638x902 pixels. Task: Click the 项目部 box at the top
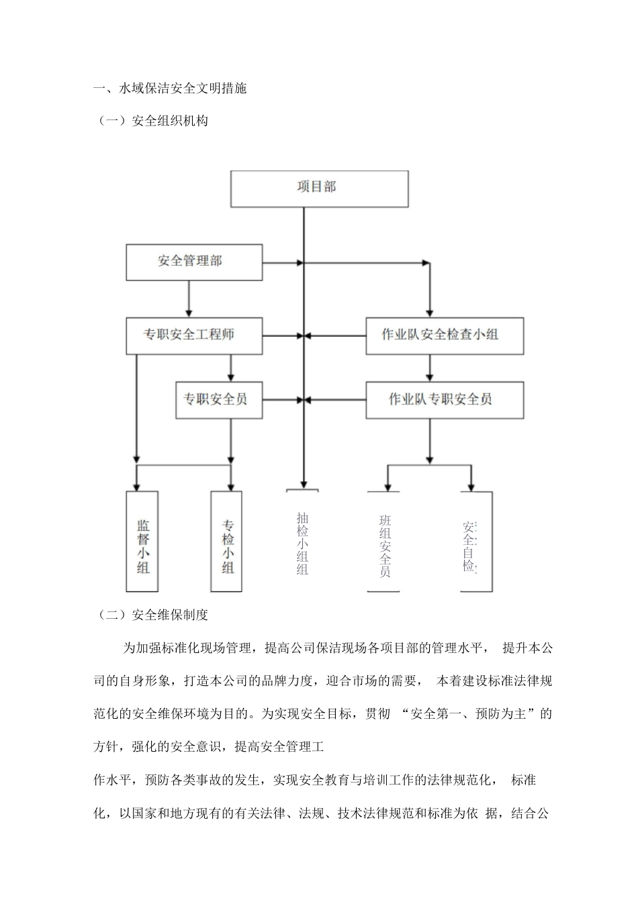319,188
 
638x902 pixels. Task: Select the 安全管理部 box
193,262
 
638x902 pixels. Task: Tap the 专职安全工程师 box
193,336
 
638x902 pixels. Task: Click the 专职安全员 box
218,399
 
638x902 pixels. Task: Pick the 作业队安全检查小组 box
444,336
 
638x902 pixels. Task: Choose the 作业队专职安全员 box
444,400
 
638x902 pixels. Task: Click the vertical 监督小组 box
142,541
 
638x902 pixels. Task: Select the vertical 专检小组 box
227,541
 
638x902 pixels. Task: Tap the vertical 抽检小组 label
302,544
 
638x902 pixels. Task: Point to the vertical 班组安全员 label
384,545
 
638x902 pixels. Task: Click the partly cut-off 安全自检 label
470,545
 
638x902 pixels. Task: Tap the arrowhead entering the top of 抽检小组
304,483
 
